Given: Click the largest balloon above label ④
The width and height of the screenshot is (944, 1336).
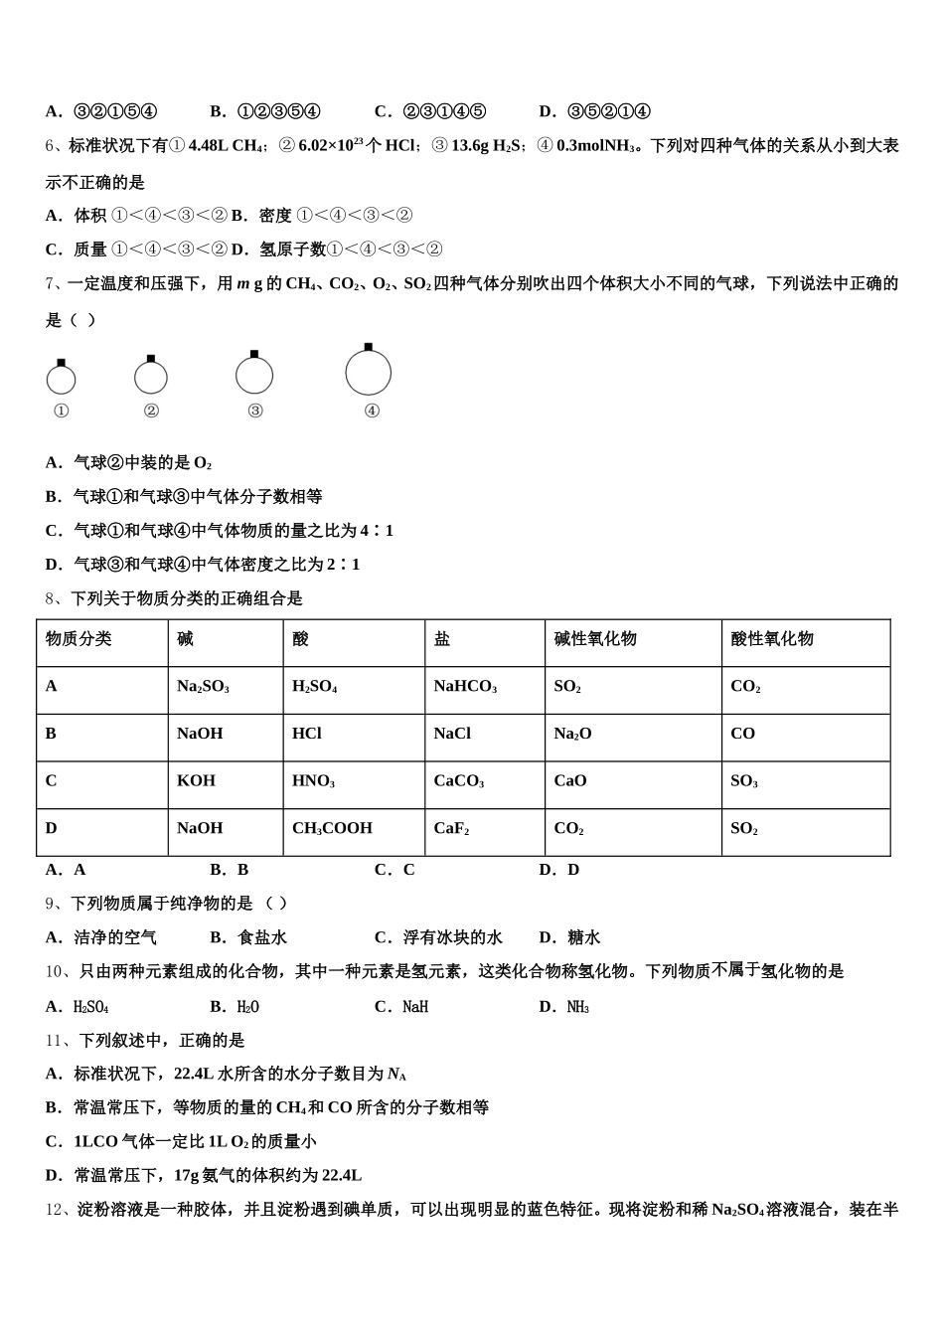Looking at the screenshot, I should [x=368, y=374].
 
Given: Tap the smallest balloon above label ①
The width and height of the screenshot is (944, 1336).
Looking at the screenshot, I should [x=61, y=379].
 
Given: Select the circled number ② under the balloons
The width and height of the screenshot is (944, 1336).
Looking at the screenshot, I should [x=151, y=411].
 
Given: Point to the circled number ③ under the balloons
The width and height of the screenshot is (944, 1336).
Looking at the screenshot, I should [x=255, y=411].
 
